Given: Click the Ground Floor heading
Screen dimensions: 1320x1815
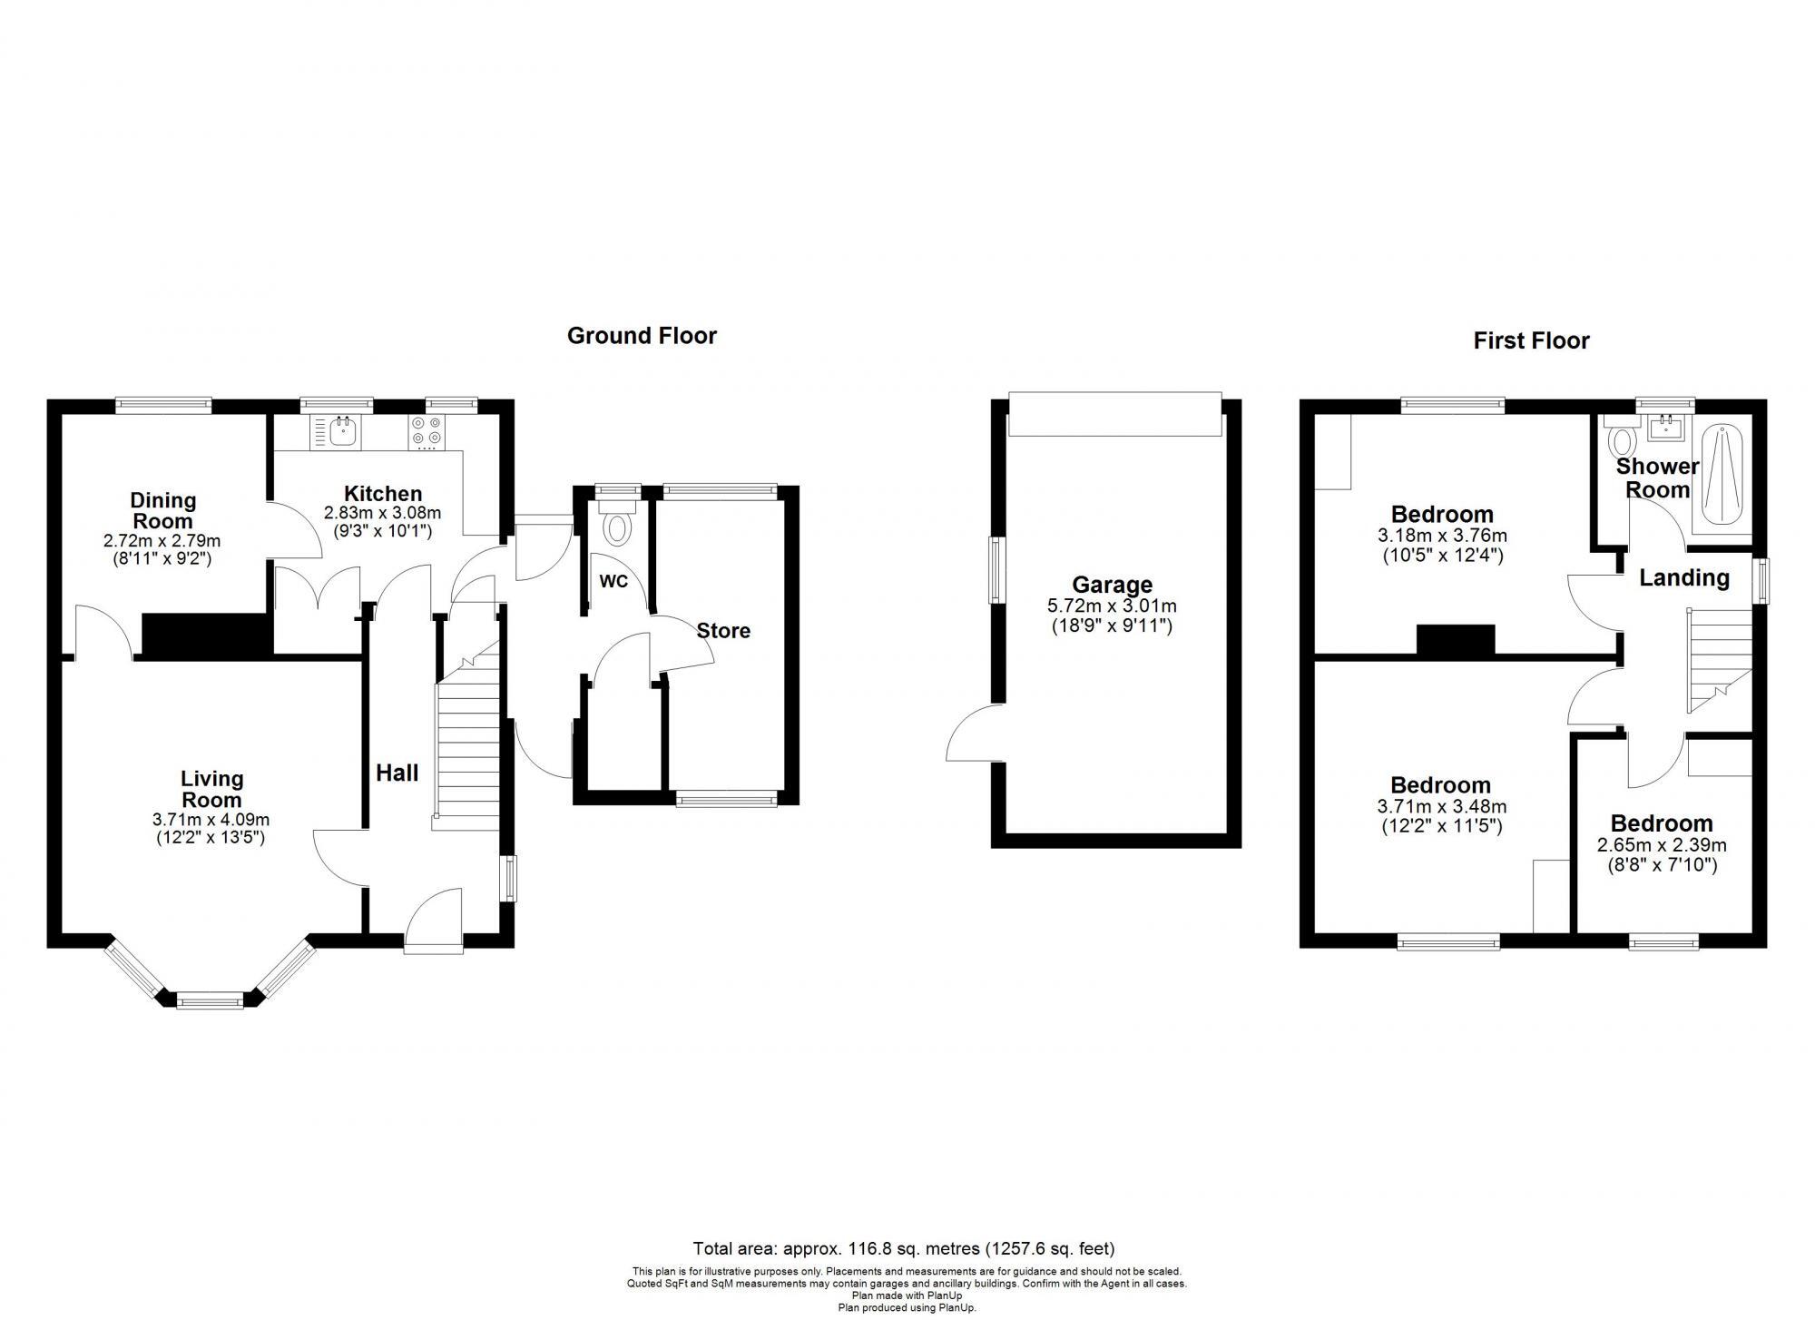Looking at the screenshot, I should coord(642,336).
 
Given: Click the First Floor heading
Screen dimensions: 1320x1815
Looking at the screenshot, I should coord(1531,340).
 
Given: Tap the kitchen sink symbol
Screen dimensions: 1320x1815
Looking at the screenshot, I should coord(342,431).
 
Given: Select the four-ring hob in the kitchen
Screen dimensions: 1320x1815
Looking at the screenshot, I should coord(427,431).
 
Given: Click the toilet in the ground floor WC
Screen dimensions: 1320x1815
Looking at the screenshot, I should coord(619,527).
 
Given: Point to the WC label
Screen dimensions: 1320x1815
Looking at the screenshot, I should coord(613,582).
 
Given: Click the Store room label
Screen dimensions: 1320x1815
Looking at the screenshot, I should coord(723,631).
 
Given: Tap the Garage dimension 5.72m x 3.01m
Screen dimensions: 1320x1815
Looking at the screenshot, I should coord(1111,606).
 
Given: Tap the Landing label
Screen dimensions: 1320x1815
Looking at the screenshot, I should coord(1683,578).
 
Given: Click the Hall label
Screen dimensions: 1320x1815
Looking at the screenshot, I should coord(397,773).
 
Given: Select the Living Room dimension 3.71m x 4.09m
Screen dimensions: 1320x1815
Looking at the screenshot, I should coord(211,820).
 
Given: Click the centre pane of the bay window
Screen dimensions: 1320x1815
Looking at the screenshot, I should coord(210,1001).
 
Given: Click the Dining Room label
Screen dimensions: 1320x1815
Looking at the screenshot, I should coord(162,510).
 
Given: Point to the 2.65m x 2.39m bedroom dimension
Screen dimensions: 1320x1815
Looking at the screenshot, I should coord(1661,845).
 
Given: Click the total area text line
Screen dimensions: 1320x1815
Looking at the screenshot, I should coord(903,1248).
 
